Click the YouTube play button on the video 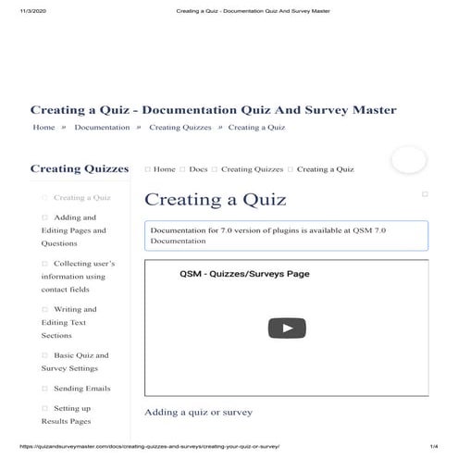tap(287, 328)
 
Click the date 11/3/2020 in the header tap(31, 11)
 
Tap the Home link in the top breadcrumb tap(43, 127)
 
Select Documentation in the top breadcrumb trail tap(102, 127)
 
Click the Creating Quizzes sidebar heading tap(79, 168)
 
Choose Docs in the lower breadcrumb tap(198, 169)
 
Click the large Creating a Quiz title tap(216, 199)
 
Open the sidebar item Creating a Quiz tap(81, 197)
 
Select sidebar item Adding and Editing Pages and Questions tap(74, 230)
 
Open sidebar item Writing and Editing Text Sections tap(69, 322)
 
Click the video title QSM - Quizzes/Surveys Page tap(244, 274)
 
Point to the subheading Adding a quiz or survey tap(198, 411)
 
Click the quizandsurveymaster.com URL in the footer tap(148, 446)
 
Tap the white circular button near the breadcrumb tap(408, 159)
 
